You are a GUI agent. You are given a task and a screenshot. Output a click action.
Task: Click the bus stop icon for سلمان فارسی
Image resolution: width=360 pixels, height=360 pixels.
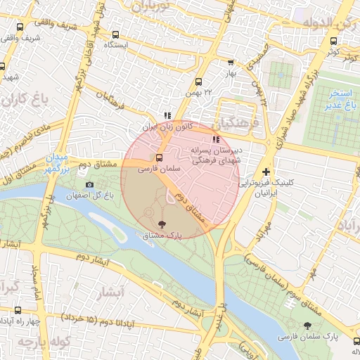pos(159,157)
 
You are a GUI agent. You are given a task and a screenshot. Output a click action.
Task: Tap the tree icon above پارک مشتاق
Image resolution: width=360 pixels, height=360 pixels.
pos(162,224)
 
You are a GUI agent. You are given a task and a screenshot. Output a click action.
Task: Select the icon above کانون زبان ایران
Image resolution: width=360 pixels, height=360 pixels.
pos(167,116)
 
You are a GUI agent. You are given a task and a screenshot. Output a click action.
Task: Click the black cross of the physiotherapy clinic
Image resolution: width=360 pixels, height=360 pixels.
pos(266,172)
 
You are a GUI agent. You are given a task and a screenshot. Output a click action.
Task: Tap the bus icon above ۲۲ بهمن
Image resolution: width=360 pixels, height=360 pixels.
pos(198,82)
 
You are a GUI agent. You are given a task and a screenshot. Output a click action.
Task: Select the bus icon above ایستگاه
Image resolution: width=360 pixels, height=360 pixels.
pos(115,34)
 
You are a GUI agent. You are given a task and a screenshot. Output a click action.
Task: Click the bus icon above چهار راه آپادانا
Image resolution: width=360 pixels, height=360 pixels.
pos(18,310)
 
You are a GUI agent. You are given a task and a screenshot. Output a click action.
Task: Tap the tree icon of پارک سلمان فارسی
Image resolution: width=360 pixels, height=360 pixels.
pos(307,325)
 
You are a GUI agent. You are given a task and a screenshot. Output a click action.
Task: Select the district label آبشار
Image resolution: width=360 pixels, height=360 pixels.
pos(109,290)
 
